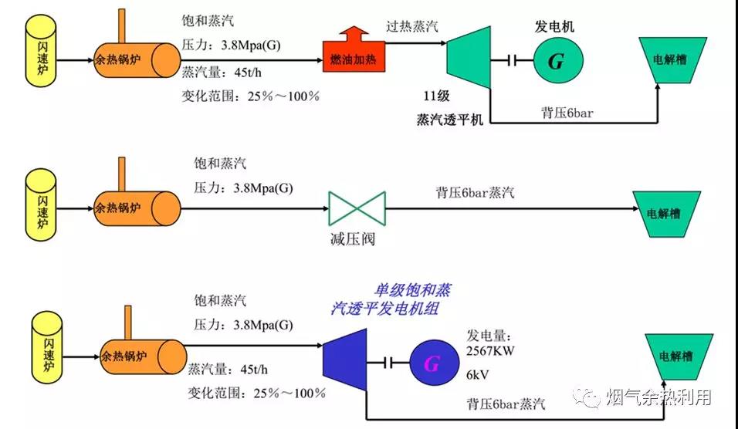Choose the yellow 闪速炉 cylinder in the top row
[x=42, y=52]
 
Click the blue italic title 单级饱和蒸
[x=413, y=291]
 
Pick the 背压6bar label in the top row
[x=567, y=113]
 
